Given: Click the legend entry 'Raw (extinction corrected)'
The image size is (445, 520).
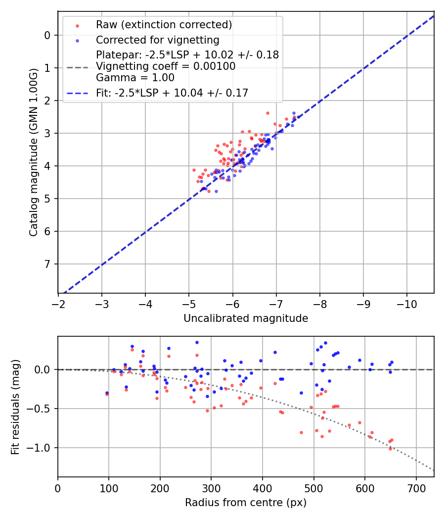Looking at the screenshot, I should click(164, 25).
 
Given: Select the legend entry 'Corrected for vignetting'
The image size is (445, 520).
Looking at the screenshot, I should click(158, 40).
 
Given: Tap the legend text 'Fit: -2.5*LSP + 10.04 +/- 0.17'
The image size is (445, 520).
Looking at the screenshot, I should click(172, 93).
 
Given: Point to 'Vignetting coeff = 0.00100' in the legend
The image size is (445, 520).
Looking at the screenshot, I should click(166, 66).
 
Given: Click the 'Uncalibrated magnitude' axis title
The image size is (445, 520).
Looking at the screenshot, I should click(246, 318).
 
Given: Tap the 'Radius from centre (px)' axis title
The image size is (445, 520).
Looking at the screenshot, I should click(246, 503).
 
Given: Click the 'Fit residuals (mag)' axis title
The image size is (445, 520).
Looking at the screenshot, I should click(15, 407).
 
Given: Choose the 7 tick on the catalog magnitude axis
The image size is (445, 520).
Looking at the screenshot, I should click(47, 264).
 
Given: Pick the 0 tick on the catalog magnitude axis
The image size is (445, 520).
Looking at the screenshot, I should click(47, 35).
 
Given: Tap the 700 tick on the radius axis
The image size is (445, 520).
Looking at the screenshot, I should click(416, 487).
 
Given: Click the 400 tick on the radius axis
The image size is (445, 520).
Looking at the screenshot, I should click(263, 487).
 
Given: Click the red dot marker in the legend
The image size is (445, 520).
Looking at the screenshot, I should click(77, 25).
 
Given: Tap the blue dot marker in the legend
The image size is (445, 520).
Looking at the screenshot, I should click(77, 40).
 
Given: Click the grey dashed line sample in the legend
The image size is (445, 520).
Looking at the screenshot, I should click(77, 67).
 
